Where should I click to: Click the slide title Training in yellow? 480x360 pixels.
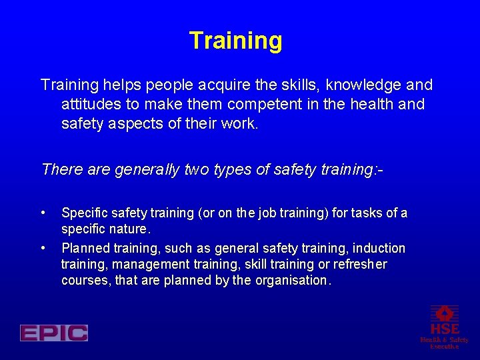pos(235,41)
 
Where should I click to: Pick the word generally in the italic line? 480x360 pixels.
pos(147,170)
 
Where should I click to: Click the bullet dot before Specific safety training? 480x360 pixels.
pos(43,213)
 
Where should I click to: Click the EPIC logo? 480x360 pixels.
pos(54,333)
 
